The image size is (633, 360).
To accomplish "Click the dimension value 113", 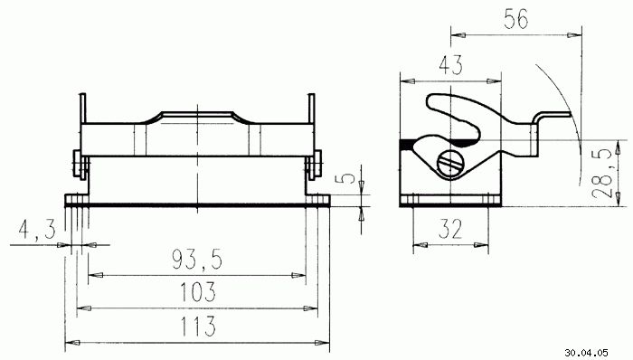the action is coord(198,327).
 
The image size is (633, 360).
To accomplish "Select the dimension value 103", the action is coord(198,292).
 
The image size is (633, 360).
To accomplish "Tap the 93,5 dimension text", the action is coord(197,260).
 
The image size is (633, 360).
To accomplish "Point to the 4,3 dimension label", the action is coord(37,230).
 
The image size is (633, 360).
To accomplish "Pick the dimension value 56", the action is coord(516,19).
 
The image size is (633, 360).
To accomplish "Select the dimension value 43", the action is coord(451,65).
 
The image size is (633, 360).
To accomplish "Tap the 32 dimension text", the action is coord(450,230).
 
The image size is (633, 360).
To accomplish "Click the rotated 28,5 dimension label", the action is coord(602,174).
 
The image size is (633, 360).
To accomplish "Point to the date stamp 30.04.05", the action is coord(586,353).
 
